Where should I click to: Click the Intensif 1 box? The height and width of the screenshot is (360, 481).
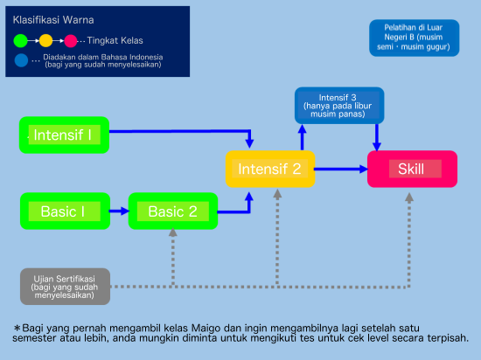click(x=64, y=135)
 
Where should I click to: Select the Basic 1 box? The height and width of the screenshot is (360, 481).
click(x=65, y=211)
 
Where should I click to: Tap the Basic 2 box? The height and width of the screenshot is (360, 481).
click(x=173, y=211)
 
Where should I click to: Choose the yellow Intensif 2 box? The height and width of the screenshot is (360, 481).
click(x=270, y=169)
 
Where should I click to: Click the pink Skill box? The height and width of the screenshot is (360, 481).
click(x=412, y=169)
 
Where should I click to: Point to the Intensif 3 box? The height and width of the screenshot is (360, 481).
click(x=339, y=106)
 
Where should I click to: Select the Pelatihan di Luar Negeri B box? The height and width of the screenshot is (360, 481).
click(x=415, y=38)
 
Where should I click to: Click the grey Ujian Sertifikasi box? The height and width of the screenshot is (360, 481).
click(x=65, y=287)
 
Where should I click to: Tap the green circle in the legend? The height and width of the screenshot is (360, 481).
click(x=21, y=41)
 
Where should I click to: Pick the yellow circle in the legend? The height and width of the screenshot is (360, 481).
click(x=46, y=41)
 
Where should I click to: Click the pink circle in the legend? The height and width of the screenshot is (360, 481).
click(x=71, y=41)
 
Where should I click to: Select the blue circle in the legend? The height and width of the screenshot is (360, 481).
click(x=21, y=60)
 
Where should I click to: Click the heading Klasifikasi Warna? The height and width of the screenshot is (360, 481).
click(x=53, y=20)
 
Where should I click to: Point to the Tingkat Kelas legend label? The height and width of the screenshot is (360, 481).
click(x=115, y=40)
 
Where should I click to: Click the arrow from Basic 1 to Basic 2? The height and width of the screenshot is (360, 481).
click(x=119, y=211)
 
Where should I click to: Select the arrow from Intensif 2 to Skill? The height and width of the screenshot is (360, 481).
click(x=341, y=169)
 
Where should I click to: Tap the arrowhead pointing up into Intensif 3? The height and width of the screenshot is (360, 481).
click(x=303, y=128)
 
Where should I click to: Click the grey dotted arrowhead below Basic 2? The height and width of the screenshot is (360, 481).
click(x=173, y=232)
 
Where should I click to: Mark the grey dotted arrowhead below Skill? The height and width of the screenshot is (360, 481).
click(x=409, y=197)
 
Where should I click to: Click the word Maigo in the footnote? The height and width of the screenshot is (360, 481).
click(x=206, y=329)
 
